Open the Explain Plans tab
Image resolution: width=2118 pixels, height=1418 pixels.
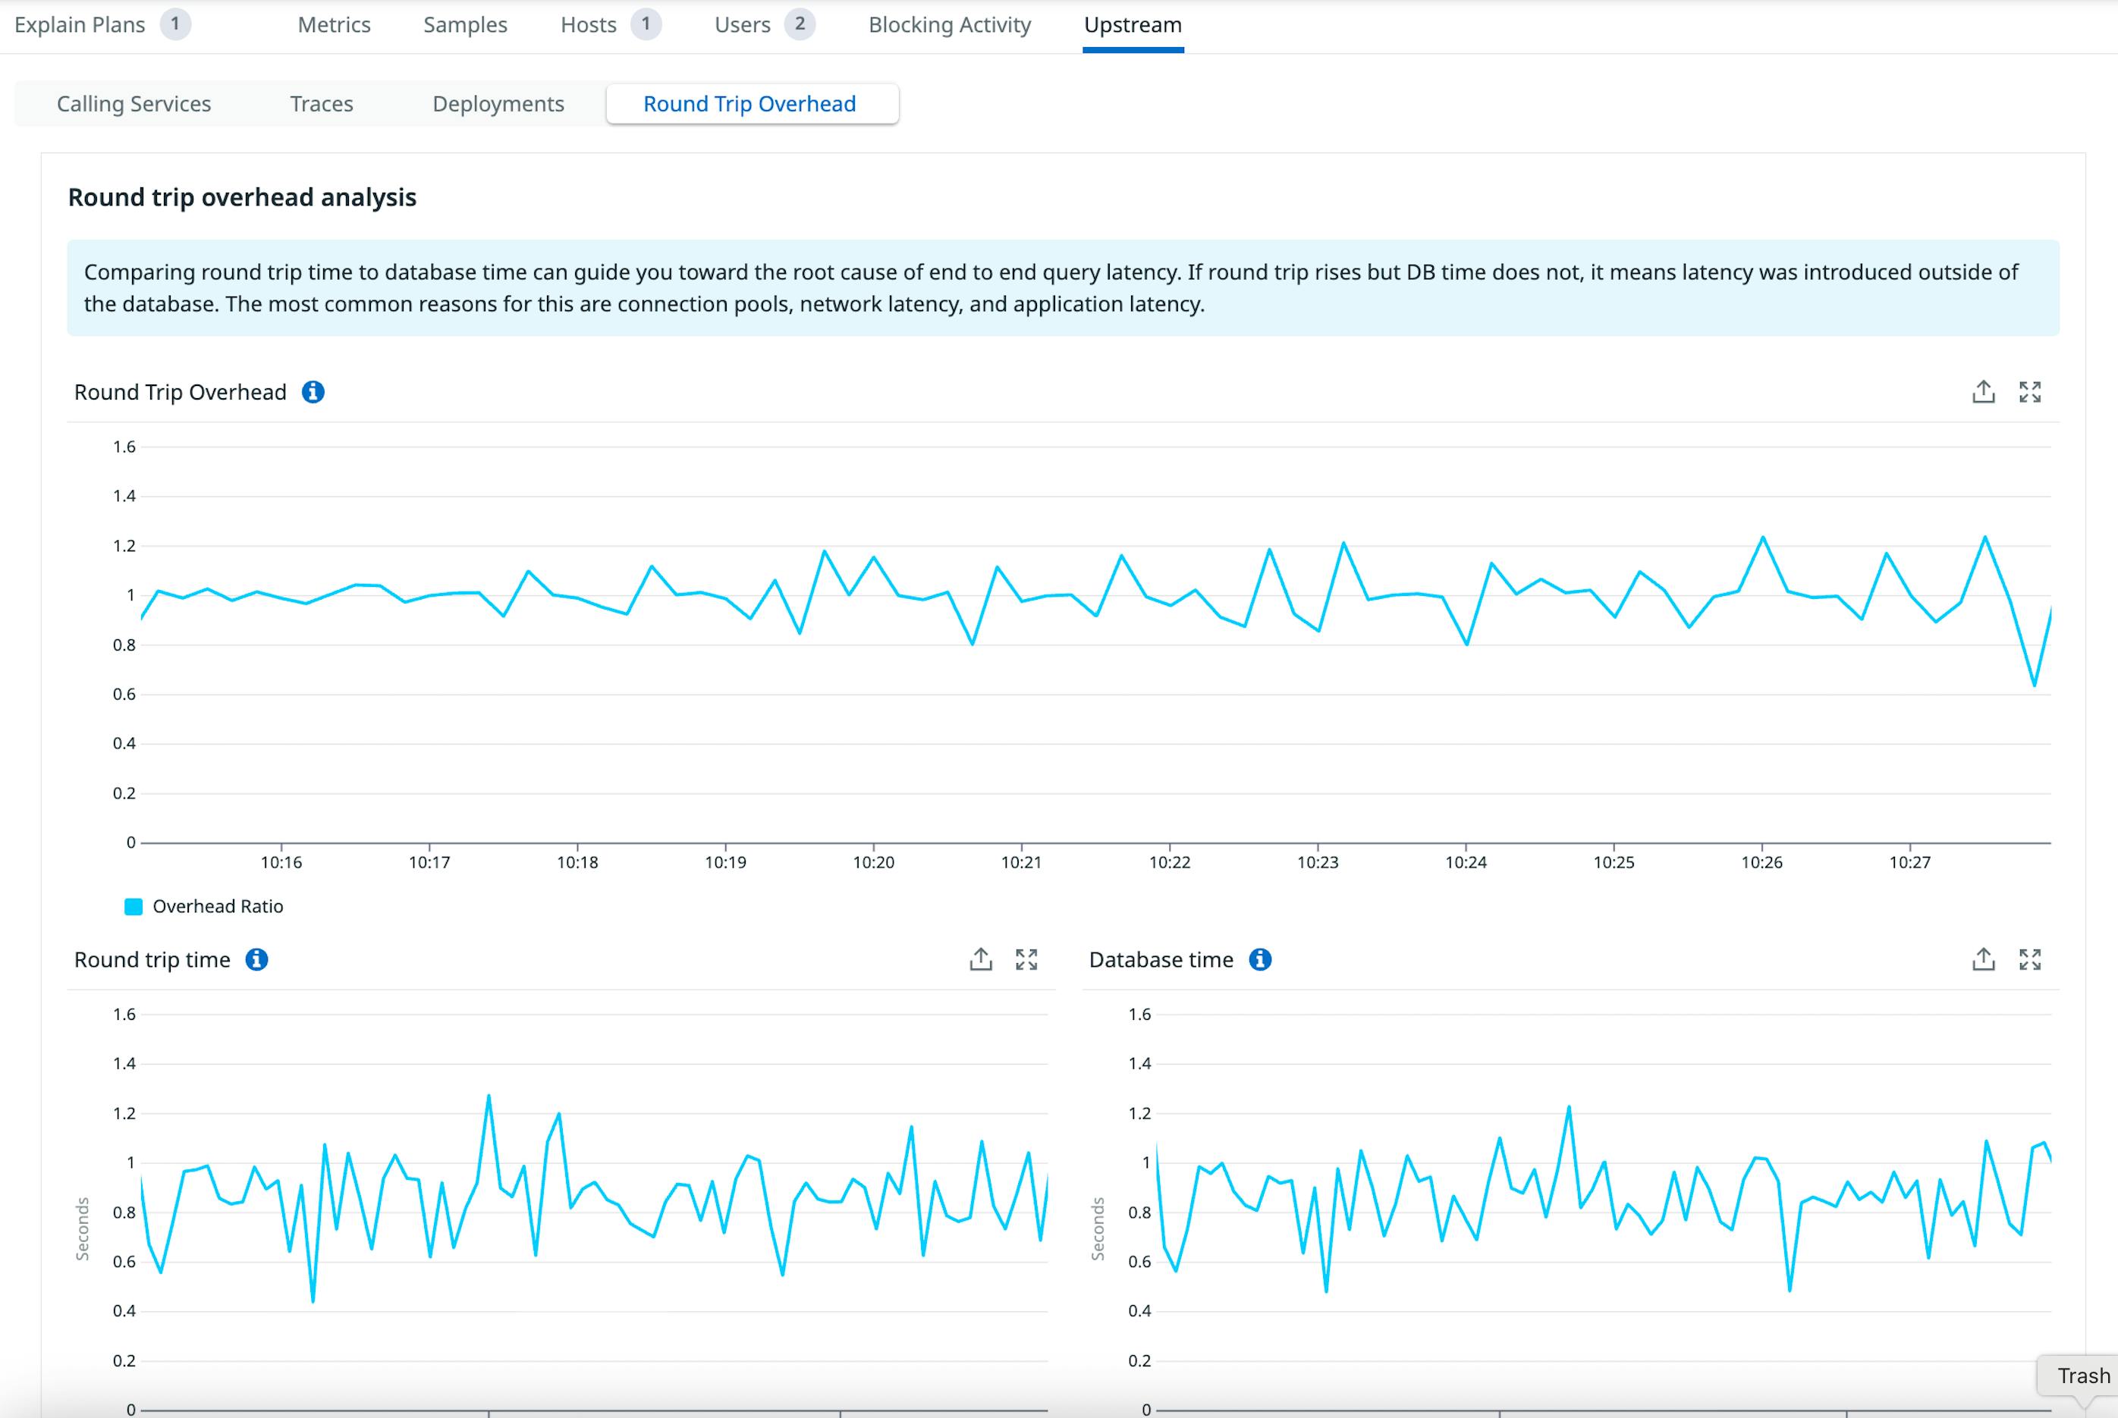point(80,24)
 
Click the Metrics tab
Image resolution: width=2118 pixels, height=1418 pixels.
point(334,24)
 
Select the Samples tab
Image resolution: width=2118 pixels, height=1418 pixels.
point(465,24)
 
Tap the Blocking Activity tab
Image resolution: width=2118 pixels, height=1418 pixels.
point(949,24)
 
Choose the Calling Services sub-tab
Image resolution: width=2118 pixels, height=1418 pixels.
point(134,104)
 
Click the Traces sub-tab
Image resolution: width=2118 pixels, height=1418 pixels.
point(321,104)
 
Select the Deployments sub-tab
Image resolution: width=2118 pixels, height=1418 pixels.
point(498,104)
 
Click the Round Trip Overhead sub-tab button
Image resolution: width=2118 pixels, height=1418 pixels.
point(749,104)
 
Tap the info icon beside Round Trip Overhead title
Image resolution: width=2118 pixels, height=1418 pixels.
point(313,391)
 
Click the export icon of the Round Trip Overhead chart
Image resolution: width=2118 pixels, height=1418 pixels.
point(1983,391)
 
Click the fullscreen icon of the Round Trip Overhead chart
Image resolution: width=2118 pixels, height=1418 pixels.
point(2030,391)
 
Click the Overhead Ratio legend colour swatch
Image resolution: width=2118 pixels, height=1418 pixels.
point(133,906)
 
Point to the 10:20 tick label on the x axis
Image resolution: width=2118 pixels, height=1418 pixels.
point(873,863)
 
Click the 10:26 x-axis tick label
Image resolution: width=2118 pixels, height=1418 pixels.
point(1761,863)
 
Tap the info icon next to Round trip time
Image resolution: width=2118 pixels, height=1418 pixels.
point(257,959)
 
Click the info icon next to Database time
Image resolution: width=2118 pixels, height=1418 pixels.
point(1260,959)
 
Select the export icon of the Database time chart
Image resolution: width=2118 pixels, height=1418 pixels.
point(1983,959)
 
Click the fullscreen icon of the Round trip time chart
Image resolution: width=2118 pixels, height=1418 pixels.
point(1026,959)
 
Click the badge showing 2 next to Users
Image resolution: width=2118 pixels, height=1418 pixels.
point(800,24)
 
